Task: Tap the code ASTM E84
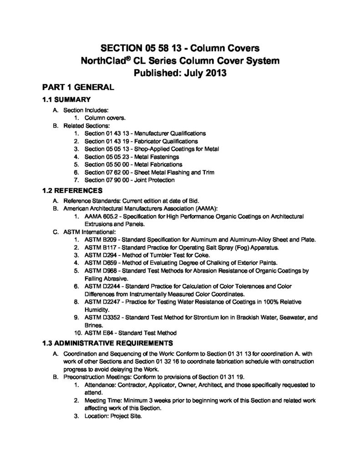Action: (x=100, y=333)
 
